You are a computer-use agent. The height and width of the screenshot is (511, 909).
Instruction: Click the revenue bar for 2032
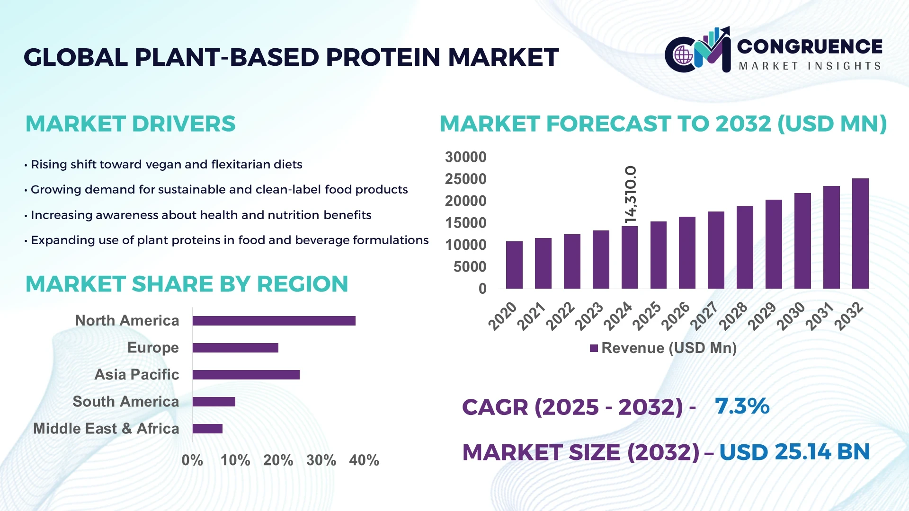pos(860,234)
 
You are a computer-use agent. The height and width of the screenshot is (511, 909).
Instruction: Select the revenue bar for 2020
pos(514,265)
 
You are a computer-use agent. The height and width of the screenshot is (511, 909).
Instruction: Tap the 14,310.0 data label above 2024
pos(631,194)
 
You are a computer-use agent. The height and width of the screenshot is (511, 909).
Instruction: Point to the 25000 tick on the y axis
pos(465,179)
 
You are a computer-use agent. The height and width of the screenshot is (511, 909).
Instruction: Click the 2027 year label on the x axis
pos(704,316)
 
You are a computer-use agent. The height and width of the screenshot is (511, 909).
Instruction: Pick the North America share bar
pos(274,321)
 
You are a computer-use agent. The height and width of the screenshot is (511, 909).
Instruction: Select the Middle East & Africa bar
pos(207,429)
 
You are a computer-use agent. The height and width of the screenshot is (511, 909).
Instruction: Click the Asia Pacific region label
pos(136,375)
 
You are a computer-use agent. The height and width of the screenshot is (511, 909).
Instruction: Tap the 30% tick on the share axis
pos(321,460)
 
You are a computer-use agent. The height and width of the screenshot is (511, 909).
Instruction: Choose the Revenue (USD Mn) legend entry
pos(663,348)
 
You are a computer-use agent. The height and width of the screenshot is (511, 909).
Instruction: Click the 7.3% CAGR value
pos(742,406)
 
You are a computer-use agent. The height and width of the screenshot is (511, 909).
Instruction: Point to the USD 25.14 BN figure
pos(794,452)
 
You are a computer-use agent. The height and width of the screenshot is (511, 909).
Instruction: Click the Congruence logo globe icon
pos(683,55)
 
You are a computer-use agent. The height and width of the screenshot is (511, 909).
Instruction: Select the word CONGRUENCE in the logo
pos(810,46)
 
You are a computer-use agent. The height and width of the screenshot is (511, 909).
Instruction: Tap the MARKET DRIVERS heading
pos(130,124)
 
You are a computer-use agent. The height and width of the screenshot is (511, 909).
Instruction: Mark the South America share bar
pos(214,402)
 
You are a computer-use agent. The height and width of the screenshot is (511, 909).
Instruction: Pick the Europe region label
pos(153,348)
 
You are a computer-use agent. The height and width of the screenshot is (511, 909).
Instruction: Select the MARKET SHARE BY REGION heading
pos(187,284)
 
